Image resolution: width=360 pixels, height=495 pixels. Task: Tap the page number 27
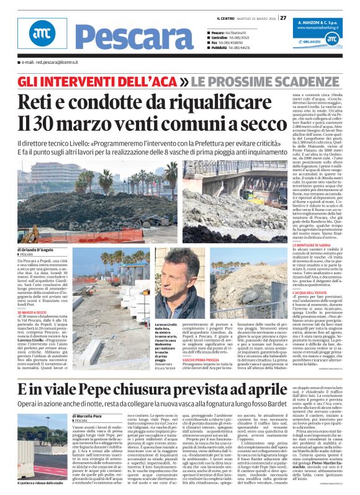[283, 18]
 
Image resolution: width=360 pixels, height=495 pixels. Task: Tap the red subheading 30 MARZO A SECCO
[31, 311]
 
